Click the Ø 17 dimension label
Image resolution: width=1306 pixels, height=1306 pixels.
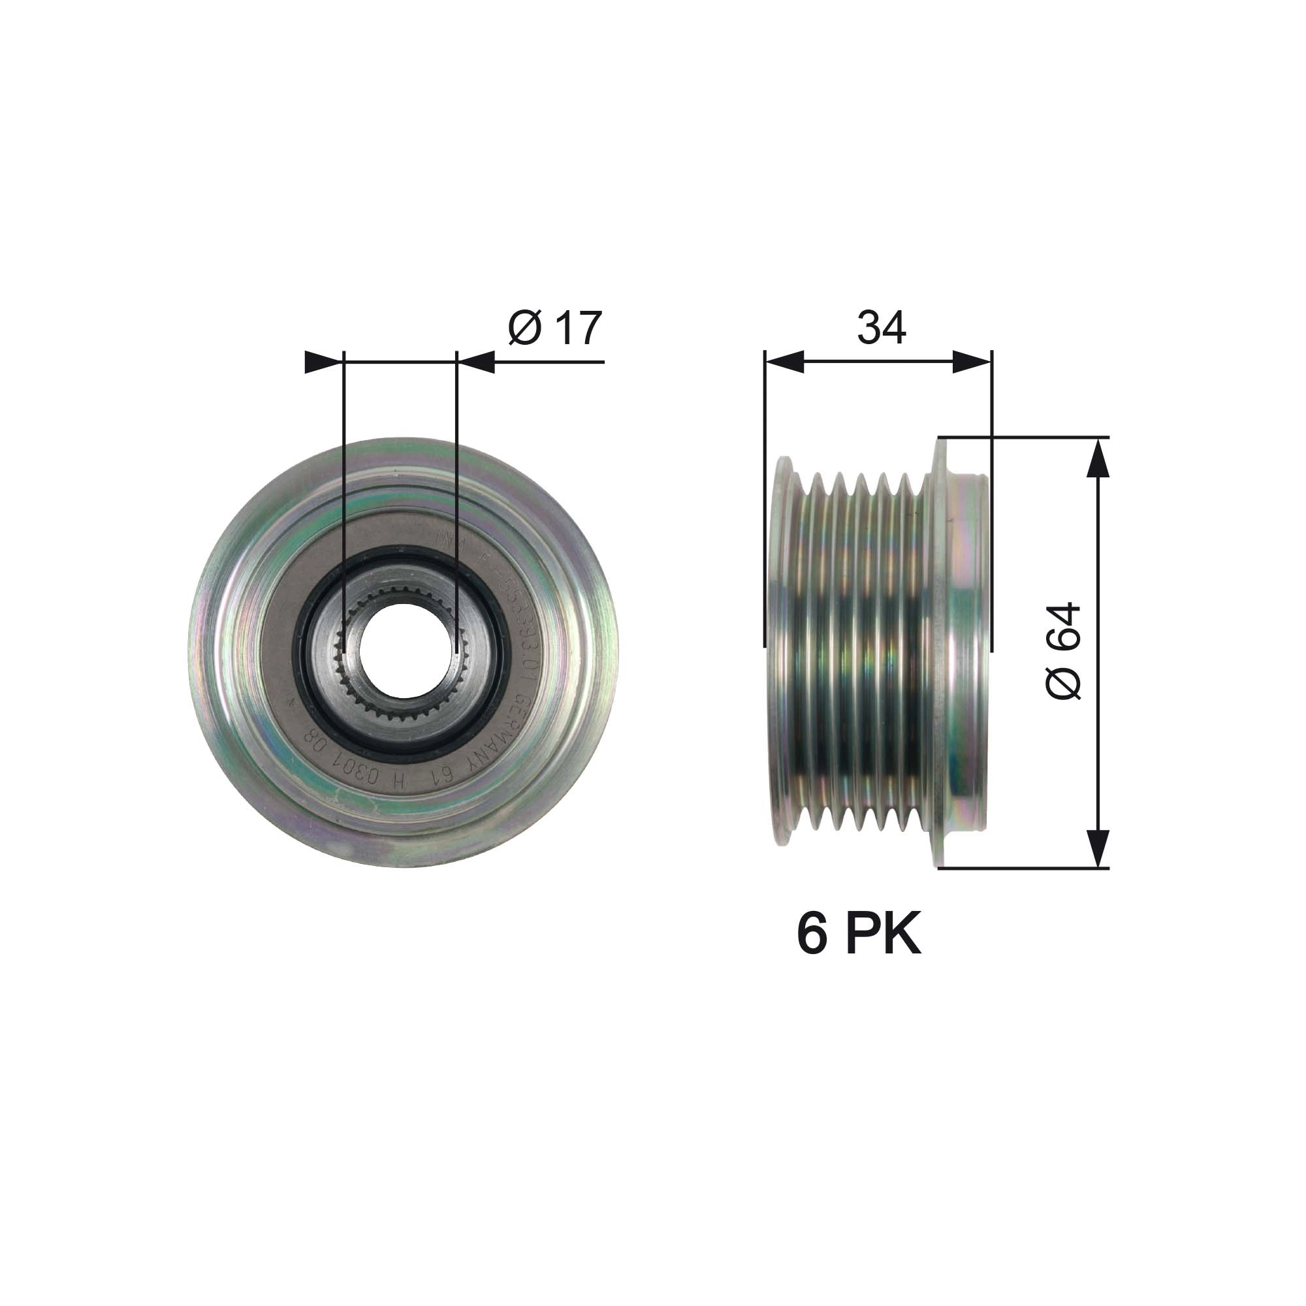(x=554, y=329)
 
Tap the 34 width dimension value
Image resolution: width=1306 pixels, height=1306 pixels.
(x=881, y=328)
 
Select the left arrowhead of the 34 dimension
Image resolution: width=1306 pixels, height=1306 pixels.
(x=784, y=362)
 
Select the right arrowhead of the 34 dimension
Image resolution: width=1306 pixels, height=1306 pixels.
(x=972, y=362)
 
